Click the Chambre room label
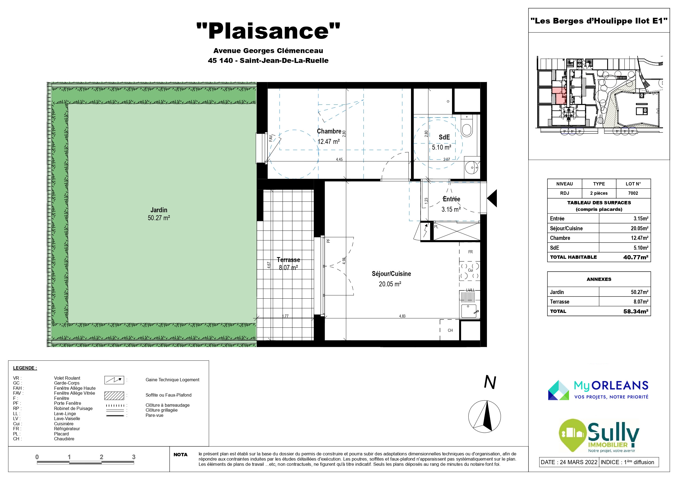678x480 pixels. point(329,131)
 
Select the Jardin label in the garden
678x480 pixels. point(159,210)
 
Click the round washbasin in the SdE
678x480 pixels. point(472,168)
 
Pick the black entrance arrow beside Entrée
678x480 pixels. point(492,198)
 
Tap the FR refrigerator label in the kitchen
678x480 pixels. point(470,252)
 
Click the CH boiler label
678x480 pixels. point(450,330)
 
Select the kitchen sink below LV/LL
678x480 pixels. point(469,311)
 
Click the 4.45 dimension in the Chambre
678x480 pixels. point(339,159)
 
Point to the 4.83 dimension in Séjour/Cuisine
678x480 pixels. point(402,316)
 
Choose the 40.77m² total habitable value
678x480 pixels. point(636,257)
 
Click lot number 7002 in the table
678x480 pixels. point(633,193)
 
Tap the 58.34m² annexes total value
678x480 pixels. point(636,311)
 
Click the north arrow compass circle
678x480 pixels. point(485,417)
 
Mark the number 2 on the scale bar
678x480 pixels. point(101,457)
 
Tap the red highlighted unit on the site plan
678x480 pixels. point(559,95)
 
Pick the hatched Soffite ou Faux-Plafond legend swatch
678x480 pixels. point(114,395)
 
